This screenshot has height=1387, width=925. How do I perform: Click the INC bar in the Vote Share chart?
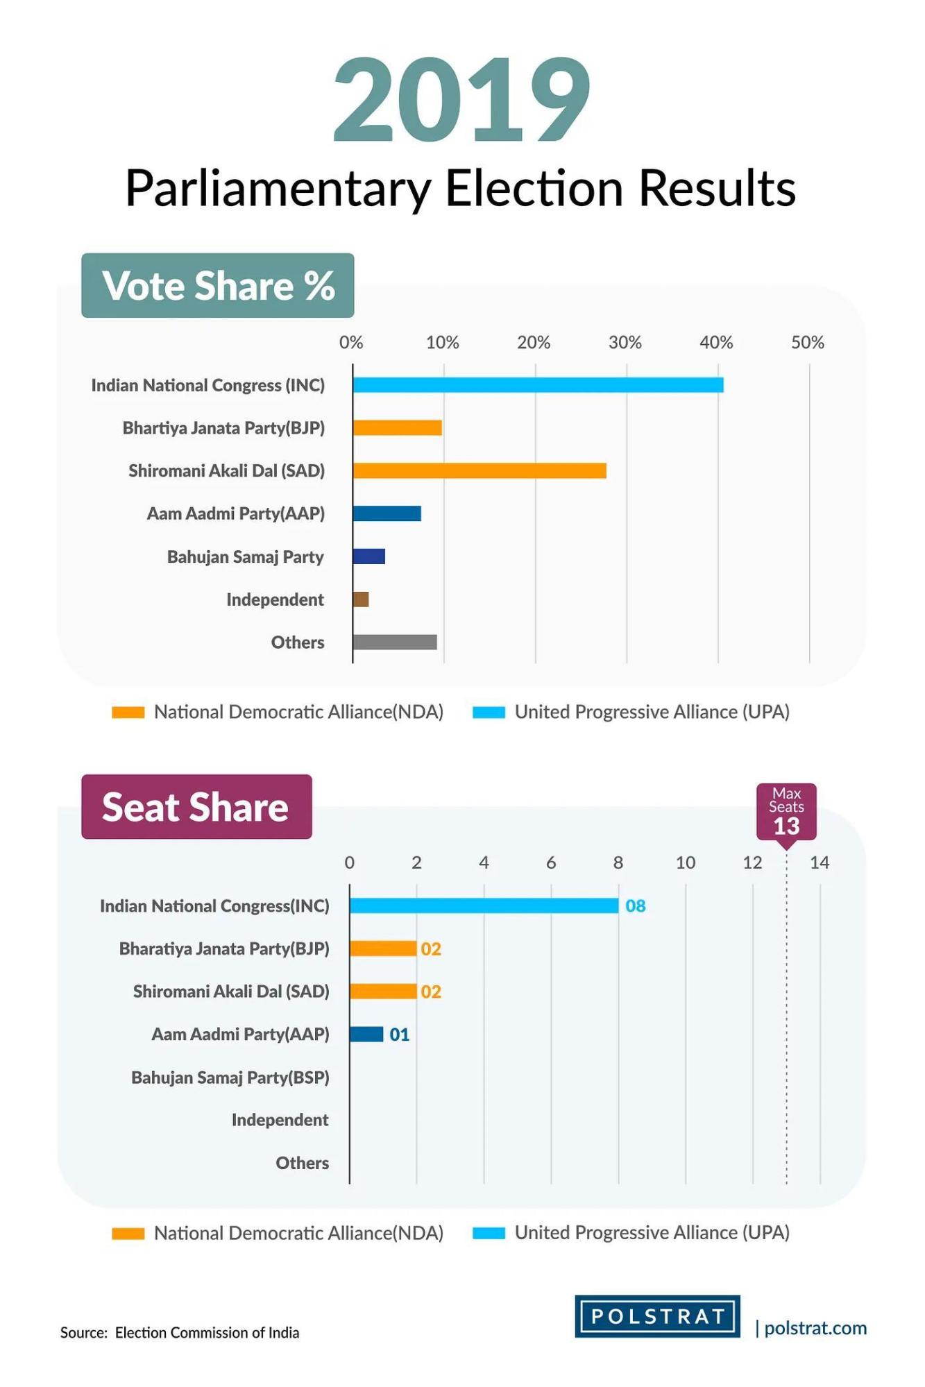[538, 385]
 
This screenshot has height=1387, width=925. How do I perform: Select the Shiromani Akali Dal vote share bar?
[480, 471]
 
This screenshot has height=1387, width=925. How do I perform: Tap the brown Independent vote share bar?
[361, 599]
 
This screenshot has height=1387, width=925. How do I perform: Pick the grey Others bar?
[395, 643]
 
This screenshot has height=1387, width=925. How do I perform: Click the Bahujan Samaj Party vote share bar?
[369, 556]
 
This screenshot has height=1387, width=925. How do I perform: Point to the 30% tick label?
[625, 343]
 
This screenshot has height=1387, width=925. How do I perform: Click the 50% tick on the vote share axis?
[808, 343]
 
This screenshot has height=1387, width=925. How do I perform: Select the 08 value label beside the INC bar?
[636, 906]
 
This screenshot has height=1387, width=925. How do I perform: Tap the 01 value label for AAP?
[400, 1035]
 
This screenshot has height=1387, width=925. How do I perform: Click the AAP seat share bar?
[366, 1035]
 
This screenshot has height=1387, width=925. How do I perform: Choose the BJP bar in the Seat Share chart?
[383, 948]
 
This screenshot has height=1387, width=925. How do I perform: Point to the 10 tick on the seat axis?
[686, 862]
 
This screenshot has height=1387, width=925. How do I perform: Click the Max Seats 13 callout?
[786, 812]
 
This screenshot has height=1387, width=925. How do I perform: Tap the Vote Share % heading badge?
[218, 286]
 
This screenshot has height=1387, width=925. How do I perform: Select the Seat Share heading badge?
[196, 807]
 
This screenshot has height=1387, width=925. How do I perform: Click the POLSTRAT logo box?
[657, 1316]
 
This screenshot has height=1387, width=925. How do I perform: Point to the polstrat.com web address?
[815, 1328]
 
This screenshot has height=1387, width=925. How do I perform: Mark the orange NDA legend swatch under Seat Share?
[128, 1234]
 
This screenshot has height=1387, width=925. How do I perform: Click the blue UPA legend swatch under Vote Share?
[489, 713]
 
